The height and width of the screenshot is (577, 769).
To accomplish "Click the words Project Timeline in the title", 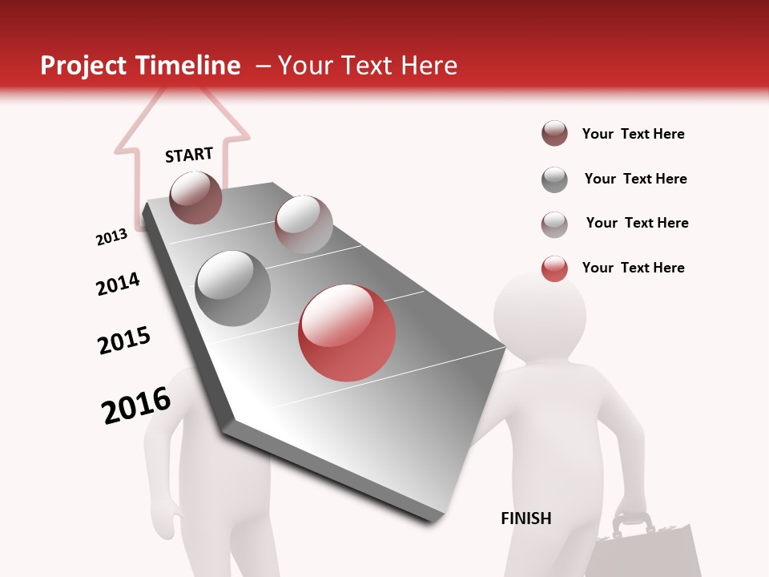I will (140, 66).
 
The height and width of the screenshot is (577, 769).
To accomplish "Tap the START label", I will (189, 155).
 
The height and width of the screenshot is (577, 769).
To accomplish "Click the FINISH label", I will (525, 518).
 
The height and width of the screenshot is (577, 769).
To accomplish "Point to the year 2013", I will (111, 236).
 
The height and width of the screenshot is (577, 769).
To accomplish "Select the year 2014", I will (118, 284).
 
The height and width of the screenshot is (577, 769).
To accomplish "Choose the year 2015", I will (124, 340).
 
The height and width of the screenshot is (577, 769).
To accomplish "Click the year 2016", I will (136, 406).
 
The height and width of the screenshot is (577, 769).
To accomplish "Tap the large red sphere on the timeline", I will (347, 333).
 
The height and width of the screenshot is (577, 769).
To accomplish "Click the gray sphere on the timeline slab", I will (233, 288).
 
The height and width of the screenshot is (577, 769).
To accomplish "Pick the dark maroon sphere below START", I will (196, 197).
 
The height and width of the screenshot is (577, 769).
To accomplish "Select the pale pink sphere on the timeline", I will (303, 224).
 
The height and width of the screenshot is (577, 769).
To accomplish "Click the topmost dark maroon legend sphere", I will (554, 134).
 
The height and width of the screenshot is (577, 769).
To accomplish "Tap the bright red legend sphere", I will (554, 268).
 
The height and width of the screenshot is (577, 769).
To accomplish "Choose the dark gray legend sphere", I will (554, 180).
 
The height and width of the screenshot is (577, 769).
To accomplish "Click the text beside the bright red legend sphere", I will (633, 268).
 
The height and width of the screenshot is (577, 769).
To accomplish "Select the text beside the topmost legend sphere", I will (633, 134).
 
